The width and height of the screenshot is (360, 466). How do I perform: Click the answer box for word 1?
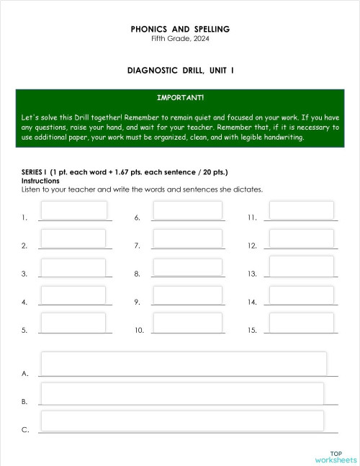coord(74,210)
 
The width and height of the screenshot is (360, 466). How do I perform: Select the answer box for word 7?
coord(187,238)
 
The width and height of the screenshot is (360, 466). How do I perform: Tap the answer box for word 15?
coord(301,323)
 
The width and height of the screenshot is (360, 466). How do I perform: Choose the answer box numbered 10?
coord(187,323)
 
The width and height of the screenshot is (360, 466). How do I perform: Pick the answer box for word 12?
coord(301,238)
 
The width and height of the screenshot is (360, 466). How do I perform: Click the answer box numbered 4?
coord(74,295)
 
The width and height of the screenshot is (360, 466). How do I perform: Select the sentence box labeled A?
coord(184,364)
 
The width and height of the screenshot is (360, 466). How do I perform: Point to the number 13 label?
coord(252,274)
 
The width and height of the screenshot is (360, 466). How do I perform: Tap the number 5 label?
coord(24,331)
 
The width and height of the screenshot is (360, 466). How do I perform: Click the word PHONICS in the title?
coord(148,30)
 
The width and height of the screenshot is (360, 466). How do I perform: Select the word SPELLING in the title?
coord(211,30)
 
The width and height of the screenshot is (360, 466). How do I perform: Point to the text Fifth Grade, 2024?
coord(180,38)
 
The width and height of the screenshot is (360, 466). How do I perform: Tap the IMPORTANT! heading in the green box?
coord(180,97)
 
